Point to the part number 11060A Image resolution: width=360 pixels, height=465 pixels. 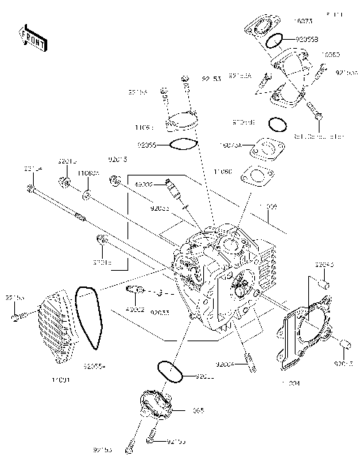point(88,172)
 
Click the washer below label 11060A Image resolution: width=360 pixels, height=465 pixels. point(88,196)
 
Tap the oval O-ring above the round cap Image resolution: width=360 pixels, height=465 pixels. point(170,371)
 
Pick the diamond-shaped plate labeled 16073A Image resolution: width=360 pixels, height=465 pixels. point(266,148)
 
